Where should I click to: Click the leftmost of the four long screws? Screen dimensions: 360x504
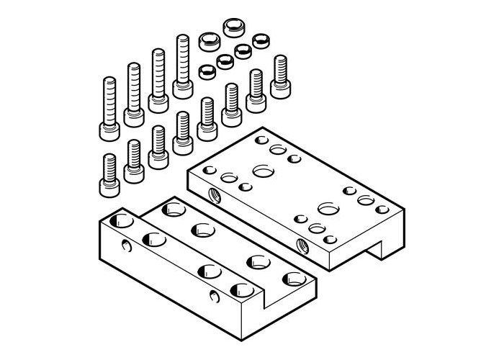pos(109,108)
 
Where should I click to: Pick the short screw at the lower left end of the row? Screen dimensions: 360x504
pos(109,174)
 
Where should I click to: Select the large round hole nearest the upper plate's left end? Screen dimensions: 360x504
pos(261,171)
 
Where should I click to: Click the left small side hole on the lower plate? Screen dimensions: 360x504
pos(127,249)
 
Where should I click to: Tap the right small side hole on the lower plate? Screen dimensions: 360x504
pos(213,297)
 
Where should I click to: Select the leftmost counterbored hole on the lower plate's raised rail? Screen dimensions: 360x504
pos(153,239)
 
